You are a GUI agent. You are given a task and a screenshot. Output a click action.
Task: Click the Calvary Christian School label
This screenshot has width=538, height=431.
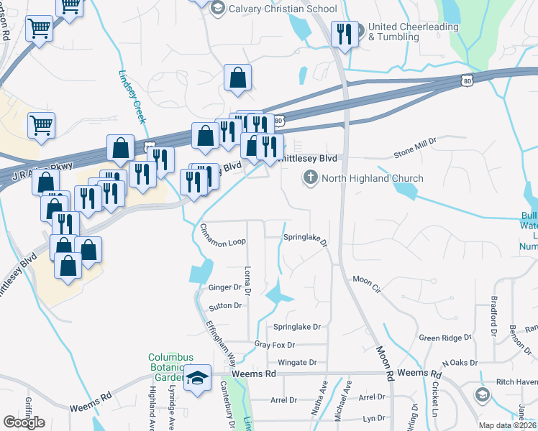click(282, 9)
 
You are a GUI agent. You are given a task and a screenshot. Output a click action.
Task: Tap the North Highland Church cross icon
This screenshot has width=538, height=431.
click(311, 177)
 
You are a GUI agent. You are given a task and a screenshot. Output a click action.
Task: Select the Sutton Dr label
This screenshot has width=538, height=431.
click(225, 306)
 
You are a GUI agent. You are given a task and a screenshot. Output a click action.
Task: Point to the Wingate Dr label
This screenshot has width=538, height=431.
click(297, 363)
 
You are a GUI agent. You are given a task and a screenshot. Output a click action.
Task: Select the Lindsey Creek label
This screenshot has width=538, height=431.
click(133, 95)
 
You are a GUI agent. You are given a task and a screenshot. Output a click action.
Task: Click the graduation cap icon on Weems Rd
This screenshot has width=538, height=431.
click(197, 379)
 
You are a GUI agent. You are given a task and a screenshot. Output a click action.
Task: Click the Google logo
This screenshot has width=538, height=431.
click(24, 422)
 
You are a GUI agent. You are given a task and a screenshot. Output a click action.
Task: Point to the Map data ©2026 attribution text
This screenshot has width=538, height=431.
click(507, 425)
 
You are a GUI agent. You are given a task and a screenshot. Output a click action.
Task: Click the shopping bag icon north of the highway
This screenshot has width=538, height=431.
click(237, 78)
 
